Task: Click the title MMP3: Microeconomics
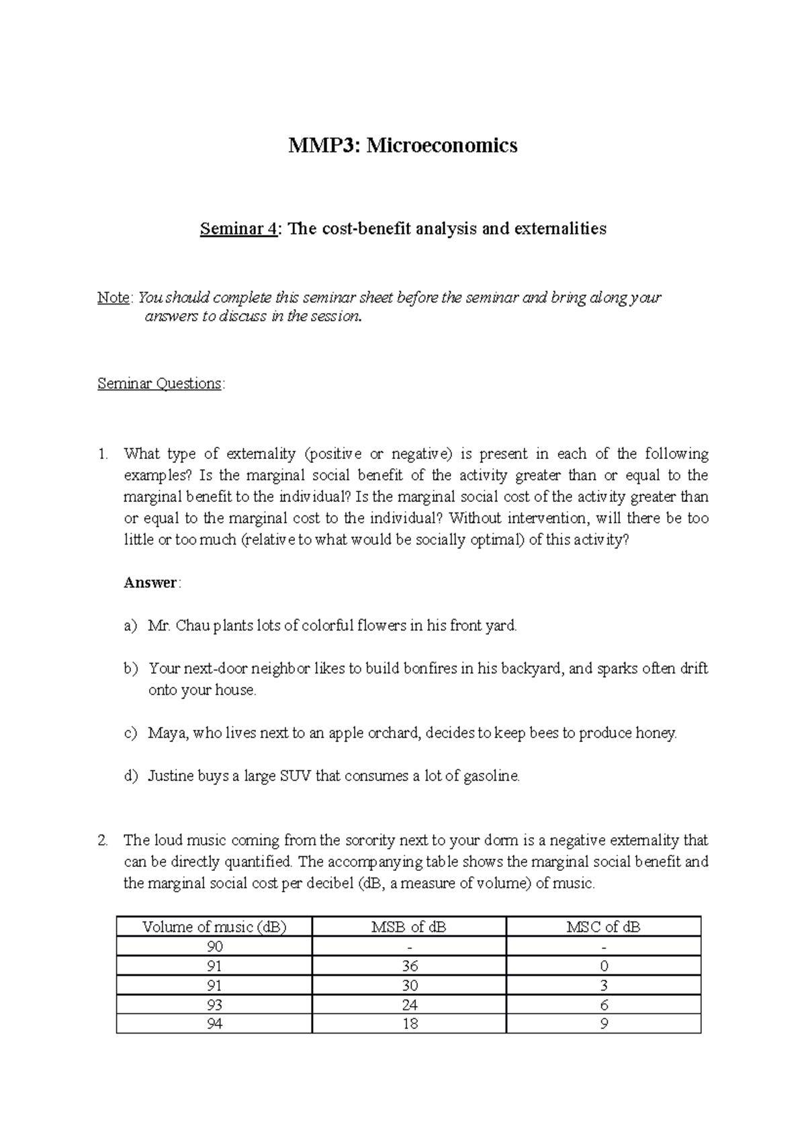tap(403, 145)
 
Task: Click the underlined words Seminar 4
tap(238, 229)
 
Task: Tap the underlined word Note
tap(114, 298)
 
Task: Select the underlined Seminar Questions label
tap(160, 384)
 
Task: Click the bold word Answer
tap(150, 583)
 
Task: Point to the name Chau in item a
tap(193, 626)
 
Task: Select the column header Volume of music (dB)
tap(214, 927)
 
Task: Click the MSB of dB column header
tap(409, 927)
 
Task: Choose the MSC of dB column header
tap(603, 927)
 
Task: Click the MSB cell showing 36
tap(409, 966)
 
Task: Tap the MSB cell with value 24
tap(409, 1005)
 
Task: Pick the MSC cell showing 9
tap(603, 1024)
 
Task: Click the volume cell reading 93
tap(214, 1005)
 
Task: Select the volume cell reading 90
tap(214, 947)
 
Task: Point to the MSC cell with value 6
tap(603, 1005)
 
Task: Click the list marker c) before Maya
tap(130, 733)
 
